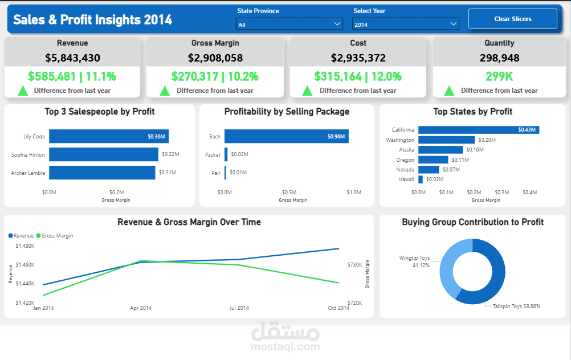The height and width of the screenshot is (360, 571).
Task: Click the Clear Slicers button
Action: point(512,19)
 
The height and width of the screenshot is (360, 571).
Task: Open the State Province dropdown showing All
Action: point(289,24)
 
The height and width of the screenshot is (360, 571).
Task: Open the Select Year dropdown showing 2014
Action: point(405,24)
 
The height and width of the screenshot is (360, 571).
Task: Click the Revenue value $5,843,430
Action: point(72,58)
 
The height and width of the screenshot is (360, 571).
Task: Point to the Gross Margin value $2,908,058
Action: point(215,58)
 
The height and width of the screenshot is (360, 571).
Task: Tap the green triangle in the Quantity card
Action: point(449,90)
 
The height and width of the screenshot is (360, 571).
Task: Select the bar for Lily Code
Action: point(108,136)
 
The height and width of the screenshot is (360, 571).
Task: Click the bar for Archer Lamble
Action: point(102,173)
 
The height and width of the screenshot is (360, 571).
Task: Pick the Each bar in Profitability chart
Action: point(286,136)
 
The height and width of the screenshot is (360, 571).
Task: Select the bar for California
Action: point(478,130)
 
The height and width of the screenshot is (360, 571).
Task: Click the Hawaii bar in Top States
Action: point(421,179)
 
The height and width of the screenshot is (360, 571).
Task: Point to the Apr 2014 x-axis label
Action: point(141,308)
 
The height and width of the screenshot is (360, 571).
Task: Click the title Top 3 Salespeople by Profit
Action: point(100,112)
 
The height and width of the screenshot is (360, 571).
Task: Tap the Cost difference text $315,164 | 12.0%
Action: point(357,76)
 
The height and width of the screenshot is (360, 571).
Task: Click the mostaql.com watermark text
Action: point(285,346)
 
